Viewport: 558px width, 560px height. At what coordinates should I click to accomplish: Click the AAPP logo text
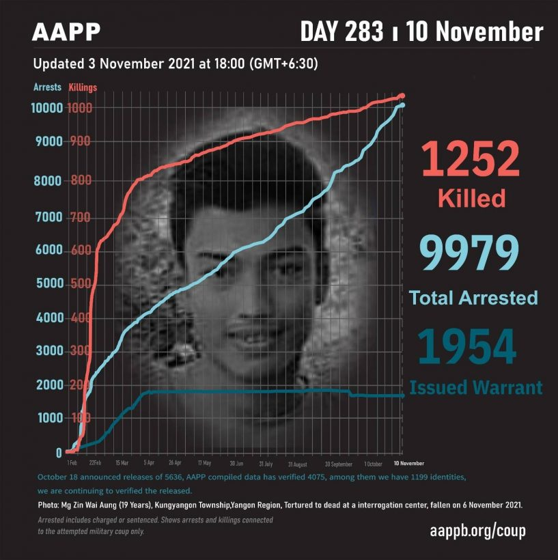(67, 32)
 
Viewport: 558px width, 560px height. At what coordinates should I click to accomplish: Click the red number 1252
(471, 159)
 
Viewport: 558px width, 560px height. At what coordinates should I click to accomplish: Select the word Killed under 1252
(471, 199)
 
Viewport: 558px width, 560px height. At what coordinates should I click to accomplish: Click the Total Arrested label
(473, 298)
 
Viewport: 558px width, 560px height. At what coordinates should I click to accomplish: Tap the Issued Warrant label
(476, 387)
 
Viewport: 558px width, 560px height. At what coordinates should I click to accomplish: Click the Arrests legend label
(47, 87)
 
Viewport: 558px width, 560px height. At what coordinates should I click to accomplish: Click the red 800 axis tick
(79, 181)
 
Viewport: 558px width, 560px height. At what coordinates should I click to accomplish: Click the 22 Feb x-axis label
(95, 462)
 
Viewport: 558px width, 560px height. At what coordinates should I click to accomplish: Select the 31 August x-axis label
(298, 462)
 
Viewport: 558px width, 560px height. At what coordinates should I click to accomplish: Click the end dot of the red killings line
(402, 96)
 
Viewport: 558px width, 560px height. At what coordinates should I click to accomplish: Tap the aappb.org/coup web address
(477, 531)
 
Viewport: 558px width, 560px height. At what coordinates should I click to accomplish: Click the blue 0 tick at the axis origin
(59, 453)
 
